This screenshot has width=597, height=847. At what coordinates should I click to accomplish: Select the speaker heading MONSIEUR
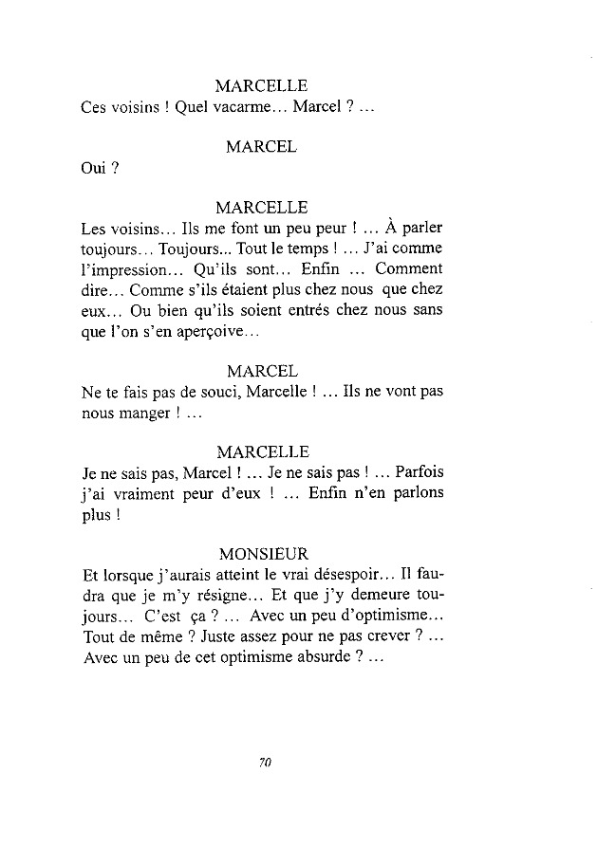click(x=262, y=554)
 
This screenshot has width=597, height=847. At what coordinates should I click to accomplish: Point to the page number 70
click(x=265, y=761)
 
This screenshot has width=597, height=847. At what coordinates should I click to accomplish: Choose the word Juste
click(x=211, y=638)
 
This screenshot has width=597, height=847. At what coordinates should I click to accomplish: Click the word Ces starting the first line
click(x=95, y=108)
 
